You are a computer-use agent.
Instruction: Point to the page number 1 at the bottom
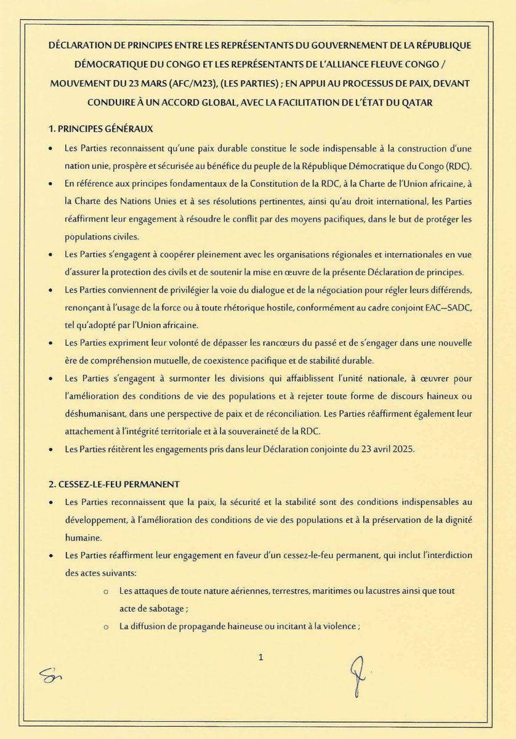pos(261,658)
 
